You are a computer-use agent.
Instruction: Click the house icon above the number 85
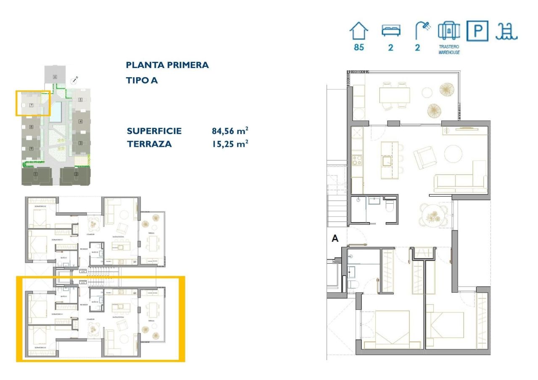point(359,31)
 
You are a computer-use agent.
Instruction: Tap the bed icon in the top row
point(391,31)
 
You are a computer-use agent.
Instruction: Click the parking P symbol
point(477,31)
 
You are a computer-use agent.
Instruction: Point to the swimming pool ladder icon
point(506,31)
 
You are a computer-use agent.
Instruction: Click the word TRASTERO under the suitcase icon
point(449,47)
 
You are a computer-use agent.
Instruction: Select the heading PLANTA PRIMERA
point(167,65)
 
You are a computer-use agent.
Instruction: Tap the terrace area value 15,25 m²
point(229,144)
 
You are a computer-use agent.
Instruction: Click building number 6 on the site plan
point(55,77)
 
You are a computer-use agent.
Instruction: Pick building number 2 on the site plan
point(76,174)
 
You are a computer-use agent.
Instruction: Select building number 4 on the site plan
point(80,122)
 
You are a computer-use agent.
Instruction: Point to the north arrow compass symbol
point(75,79)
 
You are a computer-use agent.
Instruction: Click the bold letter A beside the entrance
point(335,238)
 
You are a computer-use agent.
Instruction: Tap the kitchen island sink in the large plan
point(386,160)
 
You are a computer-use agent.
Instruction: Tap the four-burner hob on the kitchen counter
point(357,160)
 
